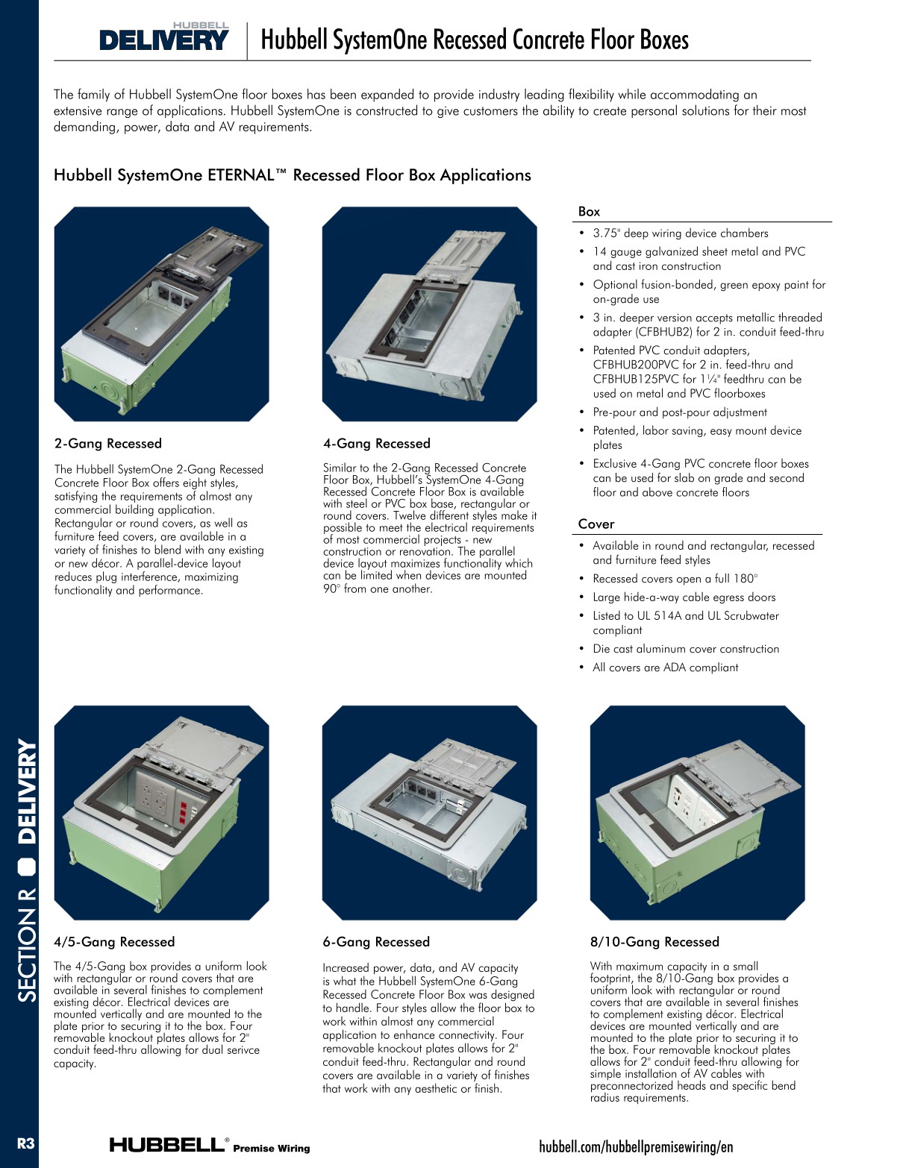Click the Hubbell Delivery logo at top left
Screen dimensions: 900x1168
point(164,37)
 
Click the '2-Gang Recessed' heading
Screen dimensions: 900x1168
point(108,444)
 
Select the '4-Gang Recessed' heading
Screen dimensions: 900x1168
point(377,444)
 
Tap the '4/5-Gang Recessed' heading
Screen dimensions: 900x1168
point(114,942)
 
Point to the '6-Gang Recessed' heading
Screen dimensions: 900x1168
point(376,942)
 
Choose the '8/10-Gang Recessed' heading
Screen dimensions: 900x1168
point(654,942)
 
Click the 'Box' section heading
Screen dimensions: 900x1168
point(590,212)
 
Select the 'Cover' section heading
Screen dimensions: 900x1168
point(596,524)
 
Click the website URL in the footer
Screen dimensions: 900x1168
point(636,1146)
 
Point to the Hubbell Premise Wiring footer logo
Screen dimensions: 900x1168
point(210,1145)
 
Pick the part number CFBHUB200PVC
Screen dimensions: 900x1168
point(636,365)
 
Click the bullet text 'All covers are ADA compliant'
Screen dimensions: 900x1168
point(666,668)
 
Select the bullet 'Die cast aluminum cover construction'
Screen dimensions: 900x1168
point(686,649)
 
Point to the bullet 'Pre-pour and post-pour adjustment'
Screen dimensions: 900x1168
point(680,412)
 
